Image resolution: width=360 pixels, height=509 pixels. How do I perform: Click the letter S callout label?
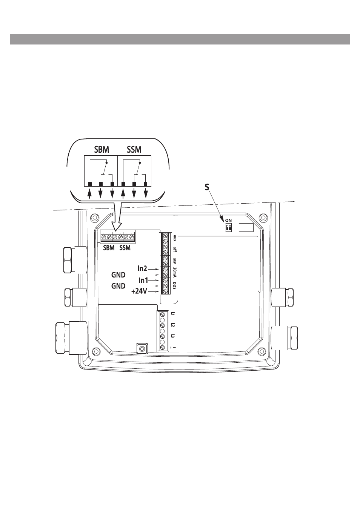(x=207, y=187)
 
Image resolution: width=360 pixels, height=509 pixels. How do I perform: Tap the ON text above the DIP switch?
(x=228, y=221)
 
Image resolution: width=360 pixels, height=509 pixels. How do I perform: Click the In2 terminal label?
(x=142, y=268)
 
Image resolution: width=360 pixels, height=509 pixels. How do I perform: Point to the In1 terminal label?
(x=143, y=281)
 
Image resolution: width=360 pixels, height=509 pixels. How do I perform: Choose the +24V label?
(x=139, y=291)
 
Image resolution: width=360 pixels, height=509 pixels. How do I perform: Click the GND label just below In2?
(x=118, y=275)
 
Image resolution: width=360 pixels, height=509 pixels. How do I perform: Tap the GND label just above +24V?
(x=118, y=286)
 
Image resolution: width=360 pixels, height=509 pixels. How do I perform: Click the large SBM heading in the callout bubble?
(x=102, y=150)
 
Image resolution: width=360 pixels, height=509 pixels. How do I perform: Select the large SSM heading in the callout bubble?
(x=134, y=150)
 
